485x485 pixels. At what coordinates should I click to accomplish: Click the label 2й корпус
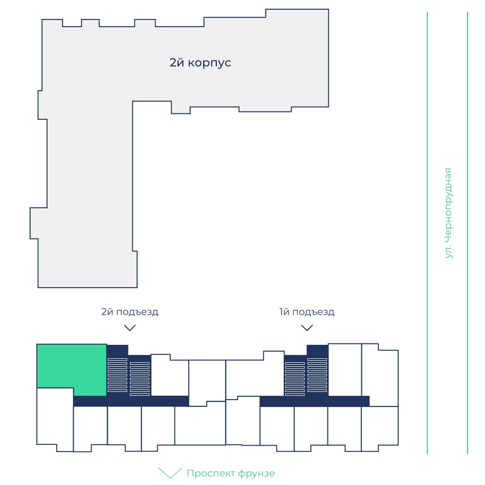click(x=200, y=63)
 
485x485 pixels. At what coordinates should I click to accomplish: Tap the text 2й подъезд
click(x=129, y=312)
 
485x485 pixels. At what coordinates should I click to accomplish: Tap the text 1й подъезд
click(x=307, y=312)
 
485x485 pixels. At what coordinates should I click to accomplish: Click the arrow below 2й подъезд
click(x=129, y=328)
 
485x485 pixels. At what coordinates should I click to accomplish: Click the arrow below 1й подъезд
click(x=307, y=328)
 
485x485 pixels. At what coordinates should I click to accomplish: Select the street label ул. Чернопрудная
click(x=448, y=213)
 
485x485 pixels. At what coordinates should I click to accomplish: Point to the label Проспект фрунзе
click(x=230, y=473)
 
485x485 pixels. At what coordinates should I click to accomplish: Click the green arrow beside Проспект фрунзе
click(x=170, y=472)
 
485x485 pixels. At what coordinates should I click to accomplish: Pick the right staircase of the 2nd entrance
click(x=140, y=379)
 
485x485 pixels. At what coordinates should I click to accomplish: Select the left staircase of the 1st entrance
click(x=294, y=379)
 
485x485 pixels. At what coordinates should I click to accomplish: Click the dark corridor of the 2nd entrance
click(x=131, y=401)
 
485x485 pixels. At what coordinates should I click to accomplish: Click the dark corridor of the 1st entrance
click(x=315, y=401)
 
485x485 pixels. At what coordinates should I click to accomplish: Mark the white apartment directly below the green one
click(x=55, y=418)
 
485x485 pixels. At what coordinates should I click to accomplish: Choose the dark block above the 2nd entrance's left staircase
click(x=117, y=351)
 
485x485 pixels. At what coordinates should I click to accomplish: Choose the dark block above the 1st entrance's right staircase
click(x=317, y=351)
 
